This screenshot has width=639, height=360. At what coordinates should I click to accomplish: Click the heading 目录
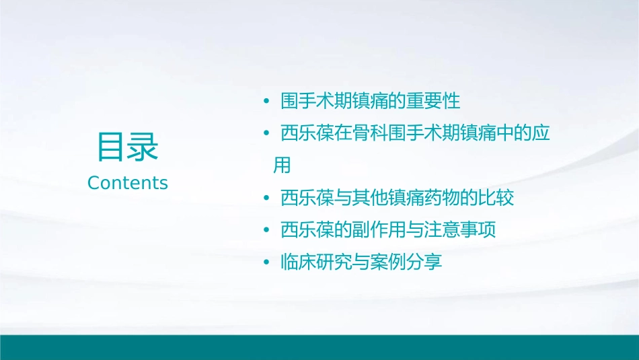[x=128, y=147]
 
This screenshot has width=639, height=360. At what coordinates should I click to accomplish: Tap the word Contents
[x=128, y=183]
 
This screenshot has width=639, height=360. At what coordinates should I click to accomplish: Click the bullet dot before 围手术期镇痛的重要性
[x=266, y=102]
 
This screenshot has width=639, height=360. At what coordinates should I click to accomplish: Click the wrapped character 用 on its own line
[x=282, y=166]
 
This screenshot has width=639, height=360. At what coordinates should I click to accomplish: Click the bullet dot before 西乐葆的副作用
[x=266, y=231]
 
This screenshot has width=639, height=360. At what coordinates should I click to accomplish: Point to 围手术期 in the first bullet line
[x=315, y=102]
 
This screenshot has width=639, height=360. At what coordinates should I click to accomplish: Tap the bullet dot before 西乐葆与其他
[x=266, y=199]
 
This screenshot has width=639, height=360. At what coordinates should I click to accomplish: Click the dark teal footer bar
[x=319, y=347]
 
